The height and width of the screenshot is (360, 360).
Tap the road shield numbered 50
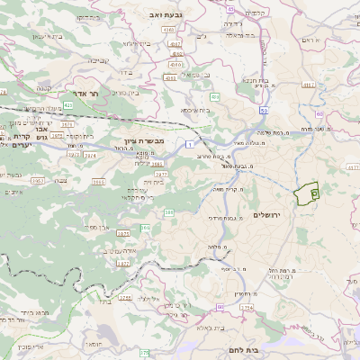(263, 110)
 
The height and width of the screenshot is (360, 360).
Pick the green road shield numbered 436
(214, 95)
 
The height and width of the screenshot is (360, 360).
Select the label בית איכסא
(194, 109)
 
